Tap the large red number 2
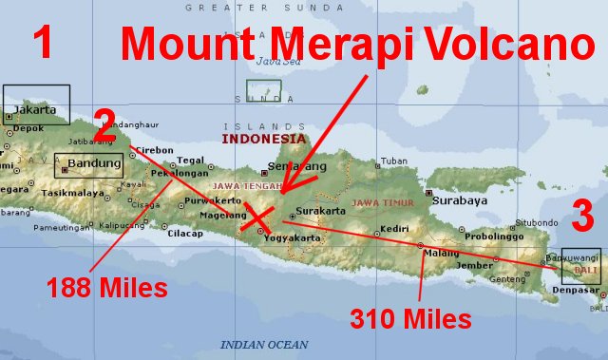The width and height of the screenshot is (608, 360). [104, 121]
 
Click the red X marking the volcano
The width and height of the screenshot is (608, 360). [255, 218]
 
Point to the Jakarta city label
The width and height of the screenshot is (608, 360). [35, 110]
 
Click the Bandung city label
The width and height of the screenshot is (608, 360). [95, 163]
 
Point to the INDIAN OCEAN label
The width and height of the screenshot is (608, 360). [264, 344]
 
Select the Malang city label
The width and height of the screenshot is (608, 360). [440, 254]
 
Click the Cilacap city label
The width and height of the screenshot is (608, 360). [184, 234]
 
